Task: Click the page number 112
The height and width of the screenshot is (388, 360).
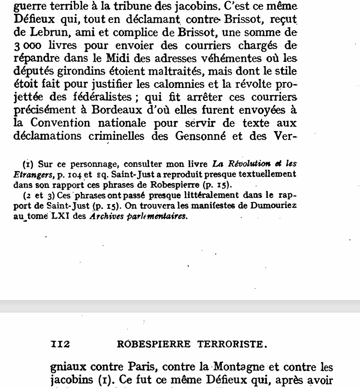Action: pos(60,345)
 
